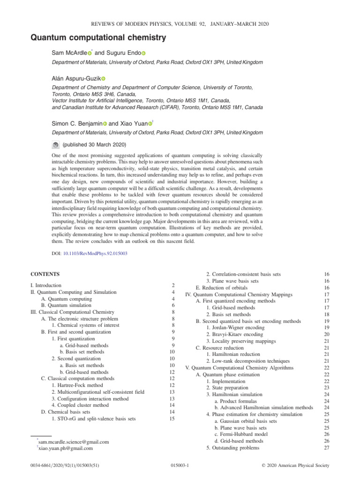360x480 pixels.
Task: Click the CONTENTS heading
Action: pos(45,273)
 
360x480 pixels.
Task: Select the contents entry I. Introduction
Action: pos(45,285)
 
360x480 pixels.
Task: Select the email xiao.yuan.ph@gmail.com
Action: pos(66,448)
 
